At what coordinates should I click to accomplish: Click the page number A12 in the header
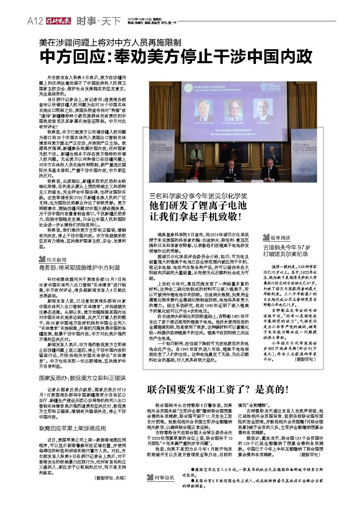click(x=35, y=21)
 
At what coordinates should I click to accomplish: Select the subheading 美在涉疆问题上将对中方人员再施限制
click(x=110, y=43)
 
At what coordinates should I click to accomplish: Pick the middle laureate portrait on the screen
click(x=231, y=110)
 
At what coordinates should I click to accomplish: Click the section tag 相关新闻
click(x=52, y=259)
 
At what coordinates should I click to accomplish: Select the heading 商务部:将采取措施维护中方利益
click(x=79, y=268)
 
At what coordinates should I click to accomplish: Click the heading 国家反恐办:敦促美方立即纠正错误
click(x=82, y=378)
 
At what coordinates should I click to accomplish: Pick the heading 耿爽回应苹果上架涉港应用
click(x=72, y=428)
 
